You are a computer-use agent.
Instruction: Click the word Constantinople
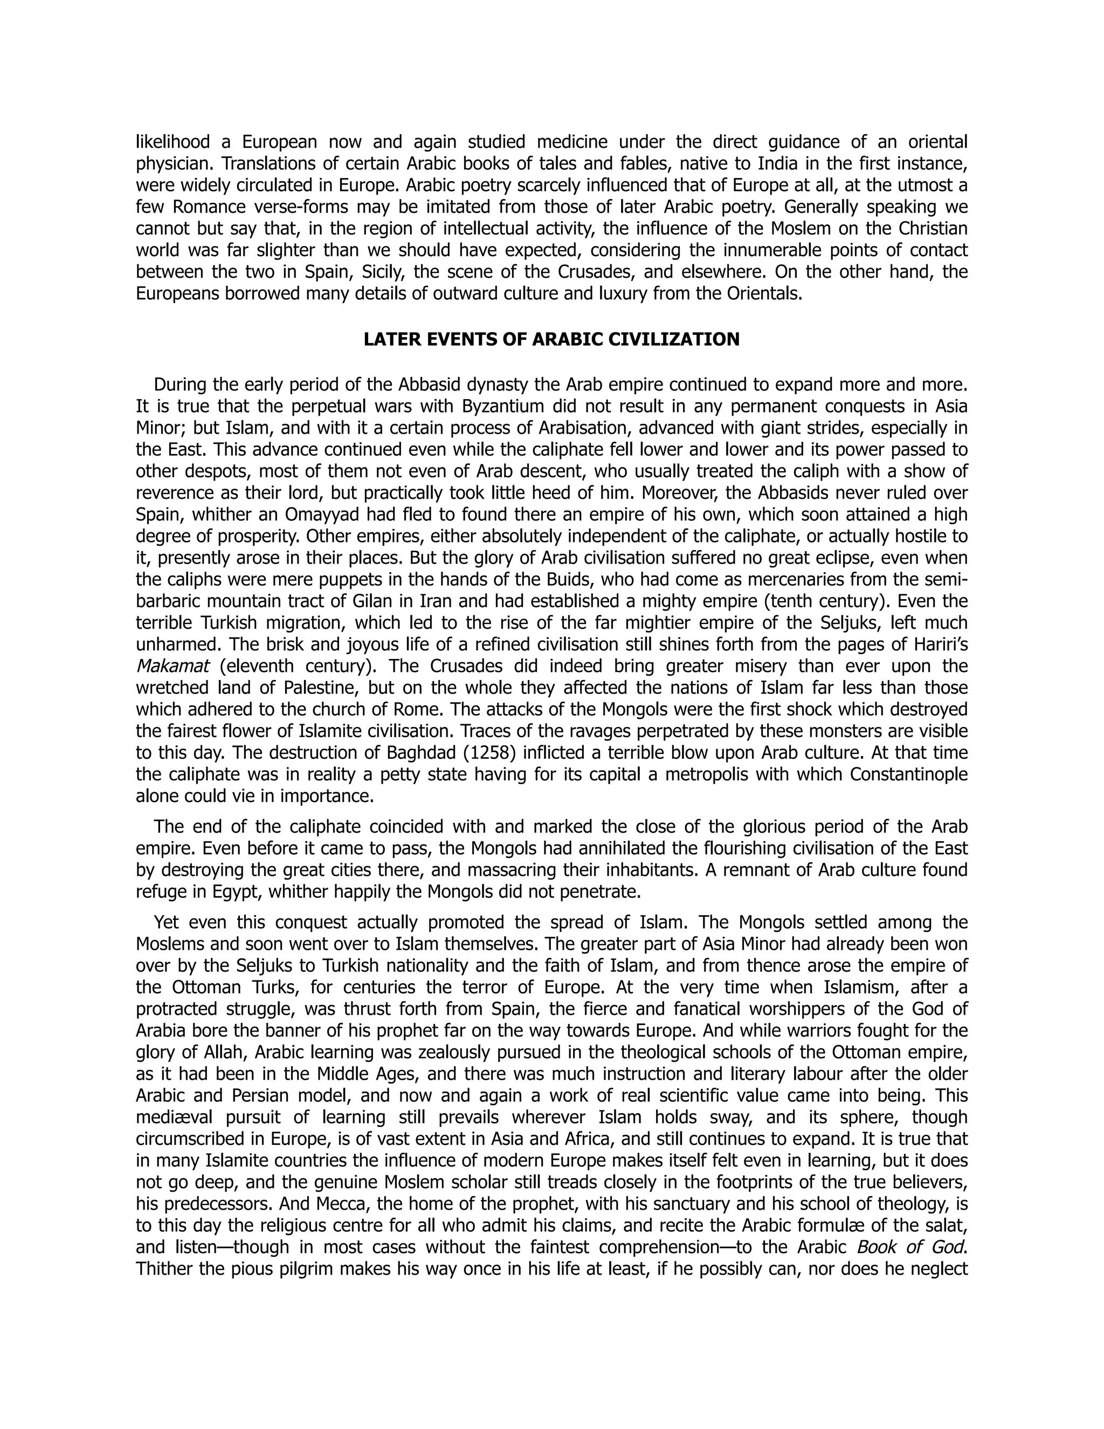coord(908,775)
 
